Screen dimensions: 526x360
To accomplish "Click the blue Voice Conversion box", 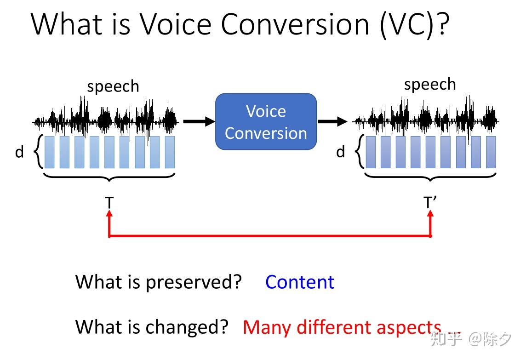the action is tap(266, 122).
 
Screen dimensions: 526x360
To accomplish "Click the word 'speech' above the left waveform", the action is tap(113, 86).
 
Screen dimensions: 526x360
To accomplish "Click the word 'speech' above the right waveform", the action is tap(430, 85).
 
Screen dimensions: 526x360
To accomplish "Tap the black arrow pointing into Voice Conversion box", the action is tap(199, 121).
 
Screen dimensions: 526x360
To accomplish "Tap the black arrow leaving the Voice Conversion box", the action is tap(332, 121).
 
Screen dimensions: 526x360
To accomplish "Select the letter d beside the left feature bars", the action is tap(19, 152).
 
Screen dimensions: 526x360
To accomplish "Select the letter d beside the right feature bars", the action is tap(340, 152).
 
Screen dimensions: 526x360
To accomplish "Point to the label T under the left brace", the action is tap(109, 203).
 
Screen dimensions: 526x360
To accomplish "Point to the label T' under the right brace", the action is tap(430, 203).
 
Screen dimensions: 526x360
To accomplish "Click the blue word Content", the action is tap(300, 282).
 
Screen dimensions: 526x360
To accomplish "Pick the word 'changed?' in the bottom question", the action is tap(187, 327).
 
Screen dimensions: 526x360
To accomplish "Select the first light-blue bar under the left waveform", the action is tap(50, 152).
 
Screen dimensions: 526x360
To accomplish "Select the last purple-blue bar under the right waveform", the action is tap(491, 152).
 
